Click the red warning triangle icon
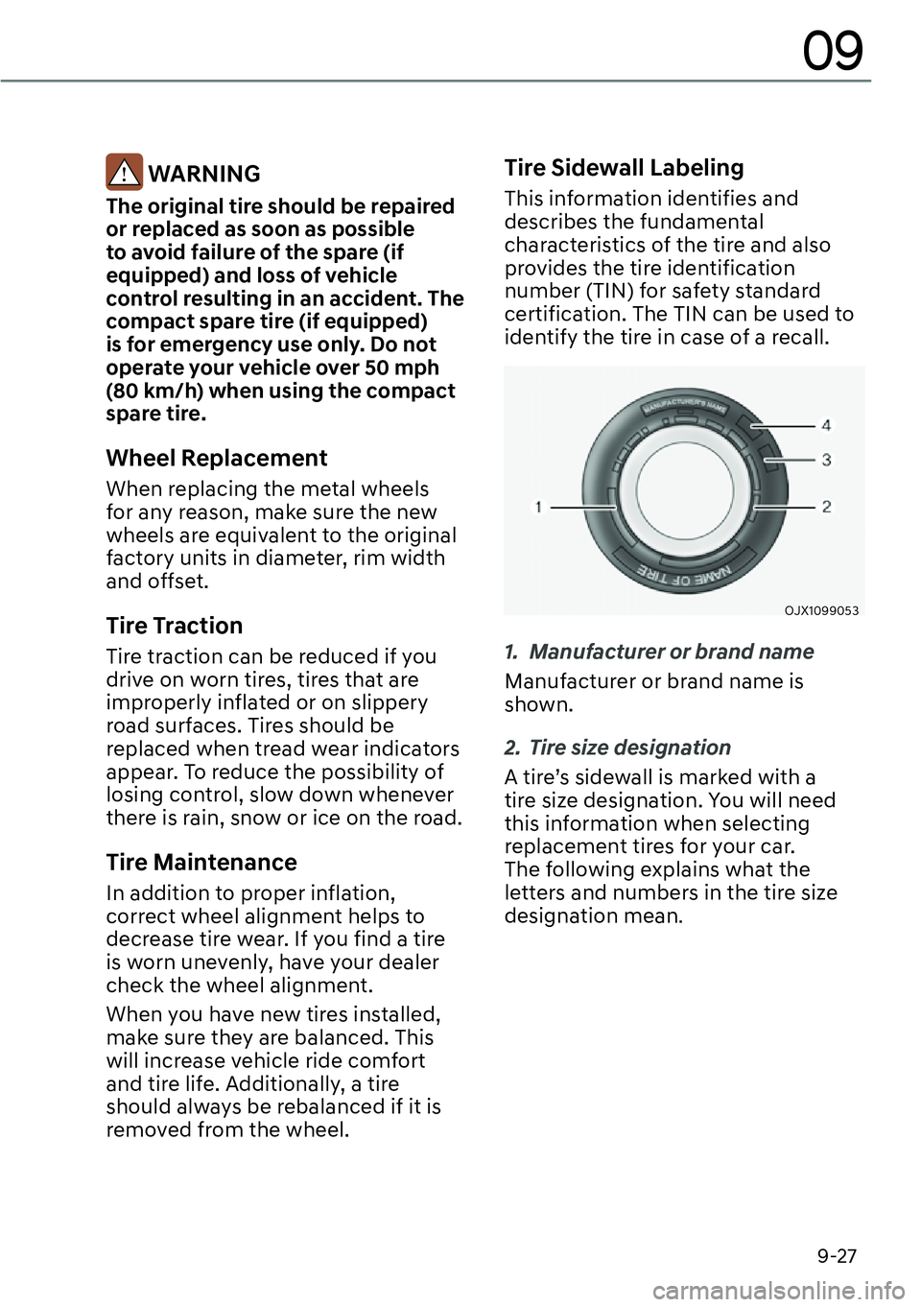[124, 173]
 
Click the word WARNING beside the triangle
[204, 174]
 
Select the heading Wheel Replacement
[217, 458]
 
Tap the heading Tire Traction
[175, 626]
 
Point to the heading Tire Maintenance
[201, 862]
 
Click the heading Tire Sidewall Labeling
[624, 168]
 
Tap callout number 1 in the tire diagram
[539, 506]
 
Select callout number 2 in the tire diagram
[826, 506]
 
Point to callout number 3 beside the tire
[826, 460]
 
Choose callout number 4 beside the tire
[826, 425]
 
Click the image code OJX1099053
[821, 610]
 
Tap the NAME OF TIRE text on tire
[686, 576]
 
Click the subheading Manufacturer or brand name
[671, 652]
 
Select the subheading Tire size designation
[629, 748]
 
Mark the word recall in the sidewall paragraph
[798, 337]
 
